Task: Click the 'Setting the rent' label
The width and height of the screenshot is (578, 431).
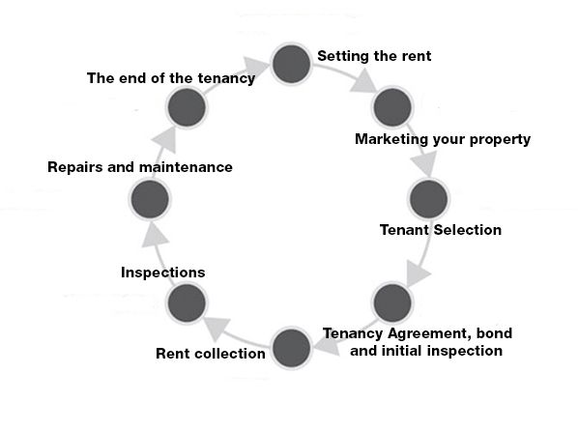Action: click(x=374, y=56)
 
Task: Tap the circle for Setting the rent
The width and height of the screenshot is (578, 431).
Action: click(x=291, y=64)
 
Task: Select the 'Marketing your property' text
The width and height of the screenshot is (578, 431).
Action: click(x=443, y=139)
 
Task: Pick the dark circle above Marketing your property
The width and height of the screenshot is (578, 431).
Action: click(x=392, y=107)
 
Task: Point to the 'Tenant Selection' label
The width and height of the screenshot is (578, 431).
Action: click(x=441, y=230)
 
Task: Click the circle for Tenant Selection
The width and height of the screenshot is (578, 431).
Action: click(x=429, y=199)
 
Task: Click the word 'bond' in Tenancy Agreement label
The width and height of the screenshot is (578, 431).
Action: click(x=494, y=333)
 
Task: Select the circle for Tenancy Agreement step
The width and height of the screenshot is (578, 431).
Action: click(x=392, y=302)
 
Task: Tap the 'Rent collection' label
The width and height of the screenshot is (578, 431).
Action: click(x=211, y=353)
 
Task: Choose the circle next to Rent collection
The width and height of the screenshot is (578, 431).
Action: click(x=291, y=348)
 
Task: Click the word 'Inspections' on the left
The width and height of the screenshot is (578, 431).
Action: click(x=163, y=273)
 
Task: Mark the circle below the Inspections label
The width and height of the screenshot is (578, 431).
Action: click(x=187, y=302)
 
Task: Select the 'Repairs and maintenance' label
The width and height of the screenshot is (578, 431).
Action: click(x=140, y=167)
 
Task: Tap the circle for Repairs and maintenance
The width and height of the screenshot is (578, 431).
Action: click(x=150, y=199)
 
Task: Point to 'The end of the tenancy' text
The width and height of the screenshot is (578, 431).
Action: click(x=171, y=78)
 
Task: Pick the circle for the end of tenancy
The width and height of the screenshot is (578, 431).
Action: click(x=187, y=107)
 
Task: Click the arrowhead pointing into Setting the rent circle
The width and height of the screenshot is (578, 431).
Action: click(x=255, y=67)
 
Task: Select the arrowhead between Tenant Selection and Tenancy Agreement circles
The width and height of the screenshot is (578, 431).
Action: click(x=418, y=273)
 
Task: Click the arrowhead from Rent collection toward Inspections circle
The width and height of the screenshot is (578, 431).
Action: click(x=217, y=328)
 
